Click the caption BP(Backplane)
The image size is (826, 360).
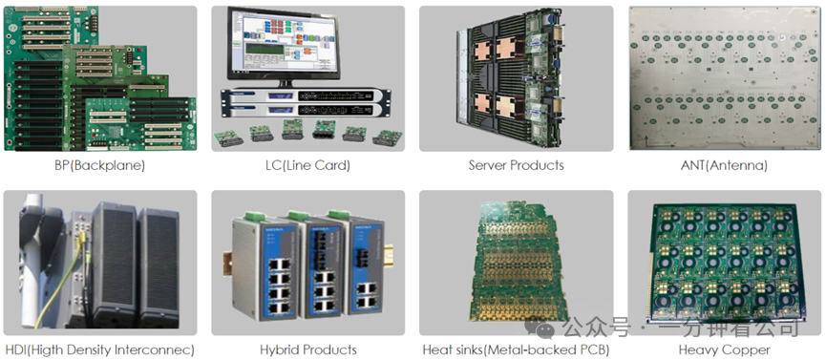[99, 165]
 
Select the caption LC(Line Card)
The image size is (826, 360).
[307, 165]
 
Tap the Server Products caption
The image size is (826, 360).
[516, 165]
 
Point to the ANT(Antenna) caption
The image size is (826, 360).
[724, 165]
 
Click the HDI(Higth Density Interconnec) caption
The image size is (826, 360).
[99, 349]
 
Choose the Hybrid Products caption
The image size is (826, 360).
[307, 349]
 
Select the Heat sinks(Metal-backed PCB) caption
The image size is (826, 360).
[516, 349]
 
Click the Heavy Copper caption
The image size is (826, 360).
[724, 349]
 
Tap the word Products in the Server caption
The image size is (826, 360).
[536, 165]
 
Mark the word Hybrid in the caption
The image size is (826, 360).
[280, 349]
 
